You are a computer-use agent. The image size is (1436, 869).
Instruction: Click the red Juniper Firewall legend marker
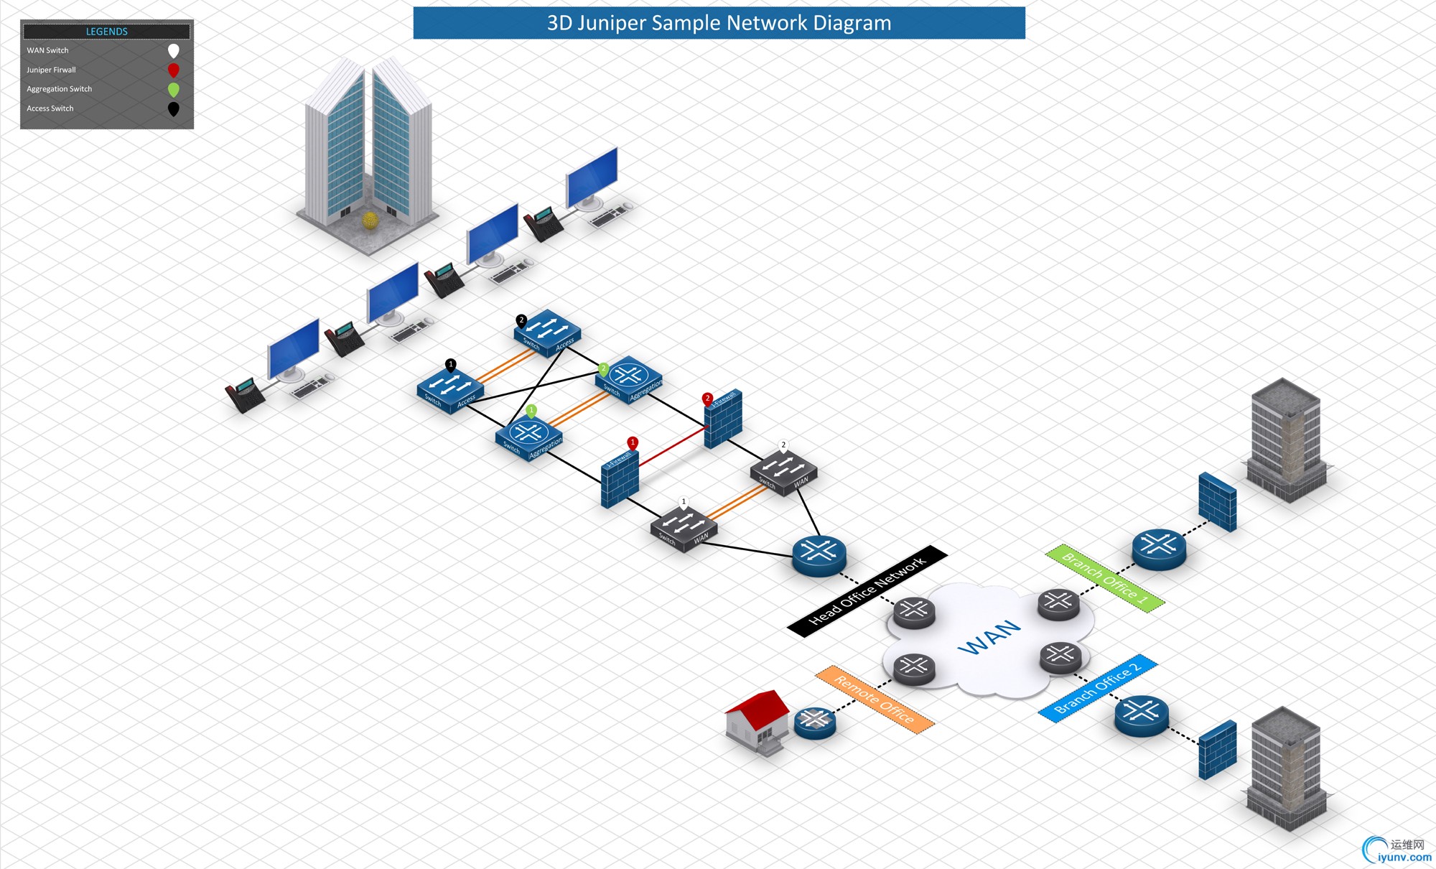(x=173, y=70)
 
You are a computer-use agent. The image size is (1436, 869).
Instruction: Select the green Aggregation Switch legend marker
(x=173, y=90)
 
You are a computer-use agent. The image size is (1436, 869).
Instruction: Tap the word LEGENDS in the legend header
(x=106, y=32)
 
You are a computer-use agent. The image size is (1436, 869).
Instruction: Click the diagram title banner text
(x=719, y=23)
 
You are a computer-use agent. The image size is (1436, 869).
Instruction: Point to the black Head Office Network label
(x=867, y=591)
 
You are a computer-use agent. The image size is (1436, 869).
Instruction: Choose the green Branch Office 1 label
(x=1104, y=578)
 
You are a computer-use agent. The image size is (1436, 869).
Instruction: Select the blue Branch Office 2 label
(x=1097, y=688)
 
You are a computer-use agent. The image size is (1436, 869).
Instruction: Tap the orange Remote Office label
(x=875, y=699)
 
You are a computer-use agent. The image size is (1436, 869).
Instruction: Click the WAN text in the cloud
(x=989, y=636)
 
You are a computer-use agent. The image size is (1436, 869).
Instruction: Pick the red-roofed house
(x=758, y=720)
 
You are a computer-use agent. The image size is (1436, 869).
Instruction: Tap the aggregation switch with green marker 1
(x=529, y=437)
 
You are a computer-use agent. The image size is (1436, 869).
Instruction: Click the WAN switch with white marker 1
(x=684, y=529)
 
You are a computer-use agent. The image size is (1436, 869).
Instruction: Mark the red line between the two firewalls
(x=672, y=446)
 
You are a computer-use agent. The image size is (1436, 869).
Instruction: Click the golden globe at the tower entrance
(x=370, y=220)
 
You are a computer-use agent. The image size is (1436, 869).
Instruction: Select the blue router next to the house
(x=815, y=722)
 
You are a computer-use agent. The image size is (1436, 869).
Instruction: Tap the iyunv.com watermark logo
(x=1397, y=850)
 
